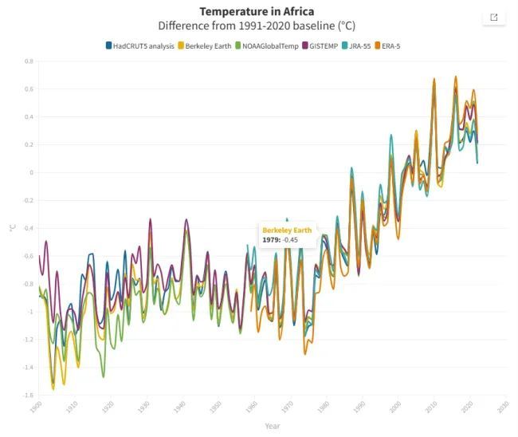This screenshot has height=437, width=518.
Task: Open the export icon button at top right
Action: (493, 18)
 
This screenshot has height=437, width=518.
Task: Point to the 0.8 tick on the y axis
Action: (29, 61)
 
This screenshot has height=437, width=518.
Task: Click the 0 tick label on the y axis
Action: (31, 173)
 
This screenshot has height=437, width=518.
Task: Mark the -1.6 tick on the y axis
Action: (28, 396)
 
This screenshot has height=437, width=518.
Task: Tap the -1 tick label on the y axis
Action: (30, 312)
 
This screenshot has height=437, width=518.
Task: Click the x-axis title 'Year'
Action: (273, 426)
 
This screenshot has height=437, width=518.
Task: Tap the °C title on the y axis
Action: (12, 228)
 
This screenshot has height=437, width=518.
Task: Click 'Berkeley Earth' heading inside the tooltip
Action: (285, 230)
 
